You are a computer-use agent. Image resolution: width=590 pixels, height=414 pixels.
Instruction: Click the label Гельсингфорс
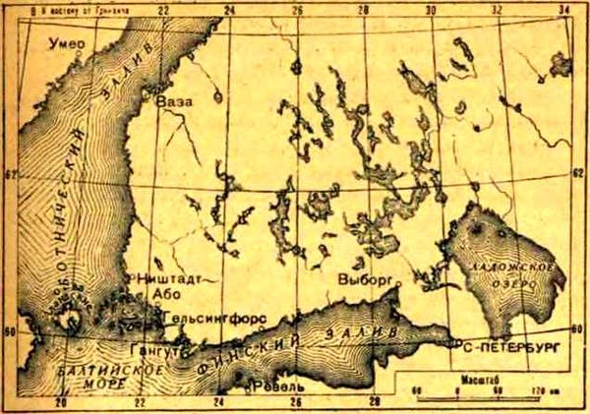pyautogui.click(x=211, y=320)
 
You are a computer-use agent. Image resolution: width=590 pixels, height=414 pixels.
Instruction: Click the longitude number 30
pyautogui.click(x=429, y=11)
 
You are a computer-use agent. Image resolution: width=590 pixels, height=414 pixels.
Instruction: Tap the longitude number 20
pyautogui.click(x=61, y=403)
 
